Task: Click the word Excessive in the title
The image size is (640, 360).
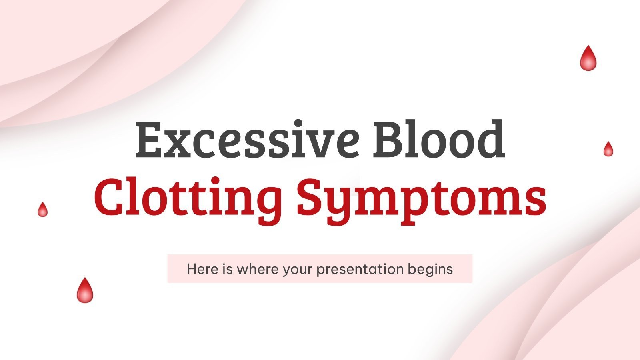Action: point(246,139)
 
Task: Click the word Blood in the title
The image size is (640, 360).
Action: point(438,139)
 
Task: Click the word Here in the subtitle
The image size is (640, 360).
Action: point(197,269)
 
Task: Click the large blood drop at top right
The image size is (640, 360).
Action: point(588,59)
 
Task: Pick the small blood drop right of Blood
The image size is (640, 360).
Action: point(608,150)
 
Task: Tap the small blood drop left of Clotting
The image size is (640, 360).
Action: point(42,210)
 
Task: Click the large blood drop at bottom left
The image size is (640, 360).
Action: point(85,291)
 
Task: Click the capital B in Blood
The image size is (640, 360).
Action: point(387,139)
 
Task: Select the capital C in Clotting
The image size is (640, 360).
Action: point(108,197)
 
